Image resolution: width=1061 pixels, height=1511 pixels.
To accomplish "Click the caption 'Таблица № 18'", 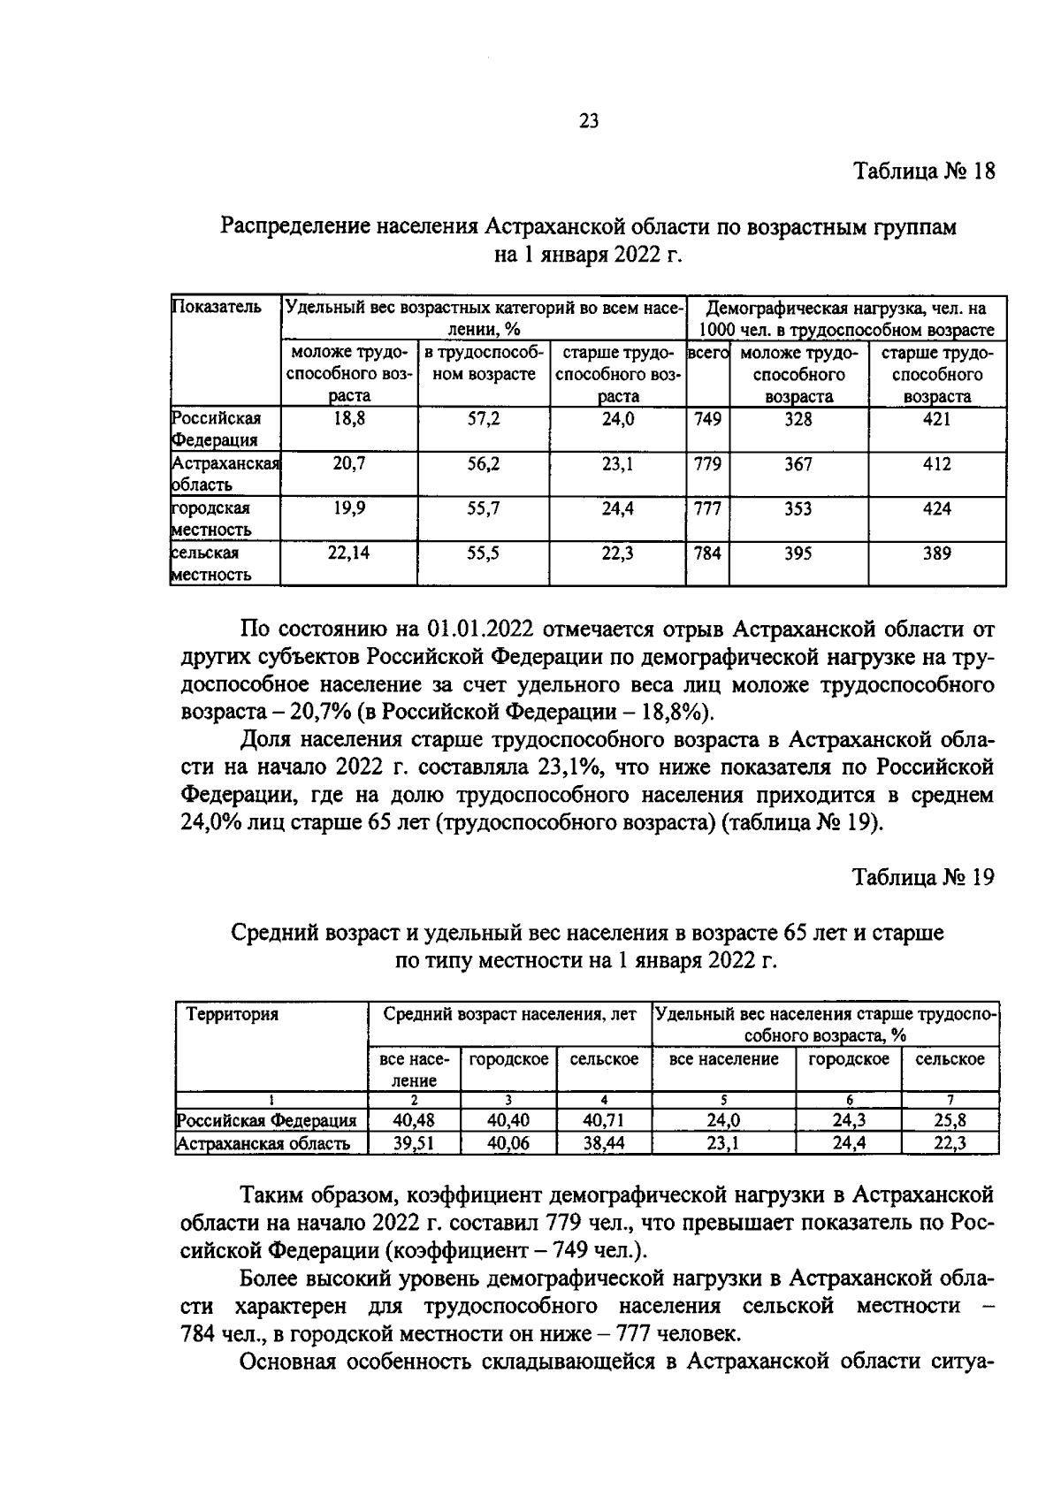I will (924, 172).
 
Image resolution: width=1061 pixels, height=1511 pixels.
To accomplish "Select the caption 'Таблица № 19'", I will (924, 877).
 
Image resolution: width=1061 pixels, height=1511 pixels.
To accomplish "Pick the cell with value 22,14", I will (350, 553).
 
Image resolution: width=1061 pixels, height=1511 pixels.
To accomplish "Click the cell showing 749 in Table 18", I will (707, 419).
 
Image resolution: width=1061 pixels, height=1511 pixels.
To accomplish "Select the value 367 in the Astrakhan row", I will (798, 463).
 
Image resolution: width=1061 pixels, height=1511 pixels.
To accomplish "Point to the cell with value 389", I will (936, 553).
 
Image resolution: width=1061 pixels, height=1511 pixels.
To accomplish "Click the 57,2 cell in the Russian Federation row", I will (484, 419).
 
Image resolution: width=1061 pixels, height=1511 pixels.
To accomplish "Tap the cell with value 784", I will (707, 553).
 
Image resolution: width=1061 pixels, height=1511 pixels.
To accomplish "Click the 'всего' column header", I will (707, 353).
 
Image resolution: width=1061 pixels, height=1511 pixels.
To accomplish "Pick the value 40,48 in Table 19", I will (414, 1120).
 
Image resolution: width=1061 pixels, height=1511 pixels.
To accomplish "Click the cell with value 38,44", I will (604, 1143).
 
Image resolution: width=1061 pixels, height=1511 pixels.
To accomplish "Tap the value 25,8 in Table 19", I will (950, 1120).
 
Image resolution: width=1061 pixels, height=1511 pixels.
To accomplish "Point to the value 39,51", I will (414, 1143).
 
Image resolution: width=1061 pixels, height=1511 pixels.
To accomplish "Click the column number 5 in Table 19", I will (723, 1100).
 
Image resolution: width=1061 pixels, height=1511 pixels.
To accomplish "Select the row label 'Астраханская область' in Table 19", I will (263, 1143).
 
